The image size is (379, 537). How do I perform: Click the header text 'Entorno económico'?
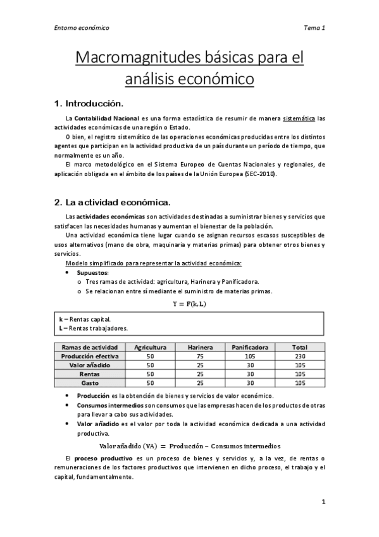click(x=81, y=28)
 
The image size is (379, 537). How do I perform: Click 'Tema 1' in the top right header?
click(x=314, y=28)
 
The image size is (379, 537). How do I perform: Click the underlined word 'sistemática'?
click(x=298, y=118)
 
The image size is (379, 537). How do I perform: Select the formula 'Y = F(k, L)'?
click(x=189, y=304)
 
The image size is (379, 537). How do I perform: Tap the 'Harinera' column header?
click(x=201, y=347)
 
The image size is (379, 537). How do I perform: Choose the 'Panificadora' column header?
click(x=250, y=347)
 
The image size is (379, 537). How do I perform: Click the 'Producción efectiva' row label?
click(x=90, y=357)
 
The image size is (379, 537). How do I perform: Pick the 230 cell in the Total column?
click(x=300, y=357)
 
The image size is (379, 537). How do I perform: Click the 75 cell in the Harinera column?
click(x=201, y=357)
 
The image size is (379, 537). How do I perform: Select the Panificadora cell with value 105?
click(x=250, y=357)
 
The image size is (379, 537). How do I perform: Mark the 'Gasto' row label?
click(x=90, y=383)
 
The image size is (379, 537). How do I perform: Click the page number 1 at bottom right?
click(x=323, y=502)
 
